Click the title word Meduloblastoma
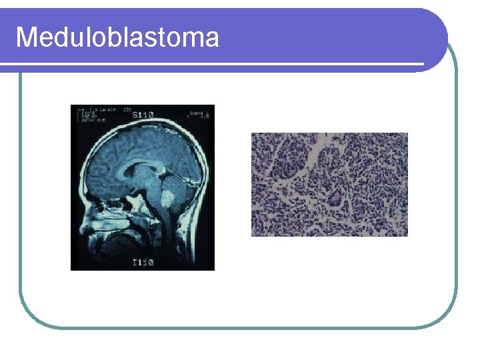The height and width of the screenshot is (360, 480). click(117, 37)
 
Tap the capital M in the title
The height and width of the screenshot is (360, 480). click(27, 37)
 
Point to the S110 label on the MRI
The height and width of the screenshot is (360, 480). click(143, 115)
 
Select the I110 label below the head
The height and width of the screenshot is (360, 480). click(143, 263)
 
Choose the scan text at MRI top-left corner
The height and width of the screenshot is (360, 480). click(93, 115)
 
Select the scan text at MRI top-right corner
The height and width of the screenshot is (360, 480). click(200, 115)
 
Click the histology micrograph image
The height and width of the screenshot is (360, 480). click(329, 185)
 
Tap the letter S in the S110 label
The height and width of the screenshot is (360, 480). click(135, 115)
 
